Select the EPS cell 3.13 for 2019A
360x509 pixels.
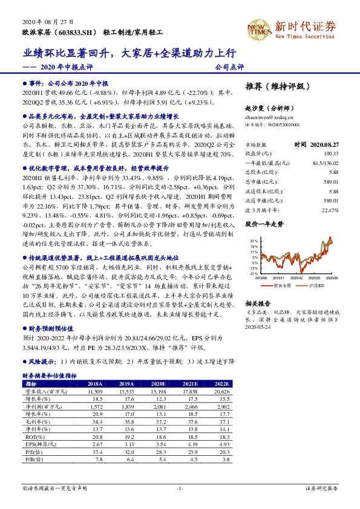click(126, 444)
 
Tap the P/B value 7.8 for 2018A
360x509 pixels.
click(96, 460)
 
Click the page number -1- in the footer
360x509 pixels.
click(180, 488)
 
